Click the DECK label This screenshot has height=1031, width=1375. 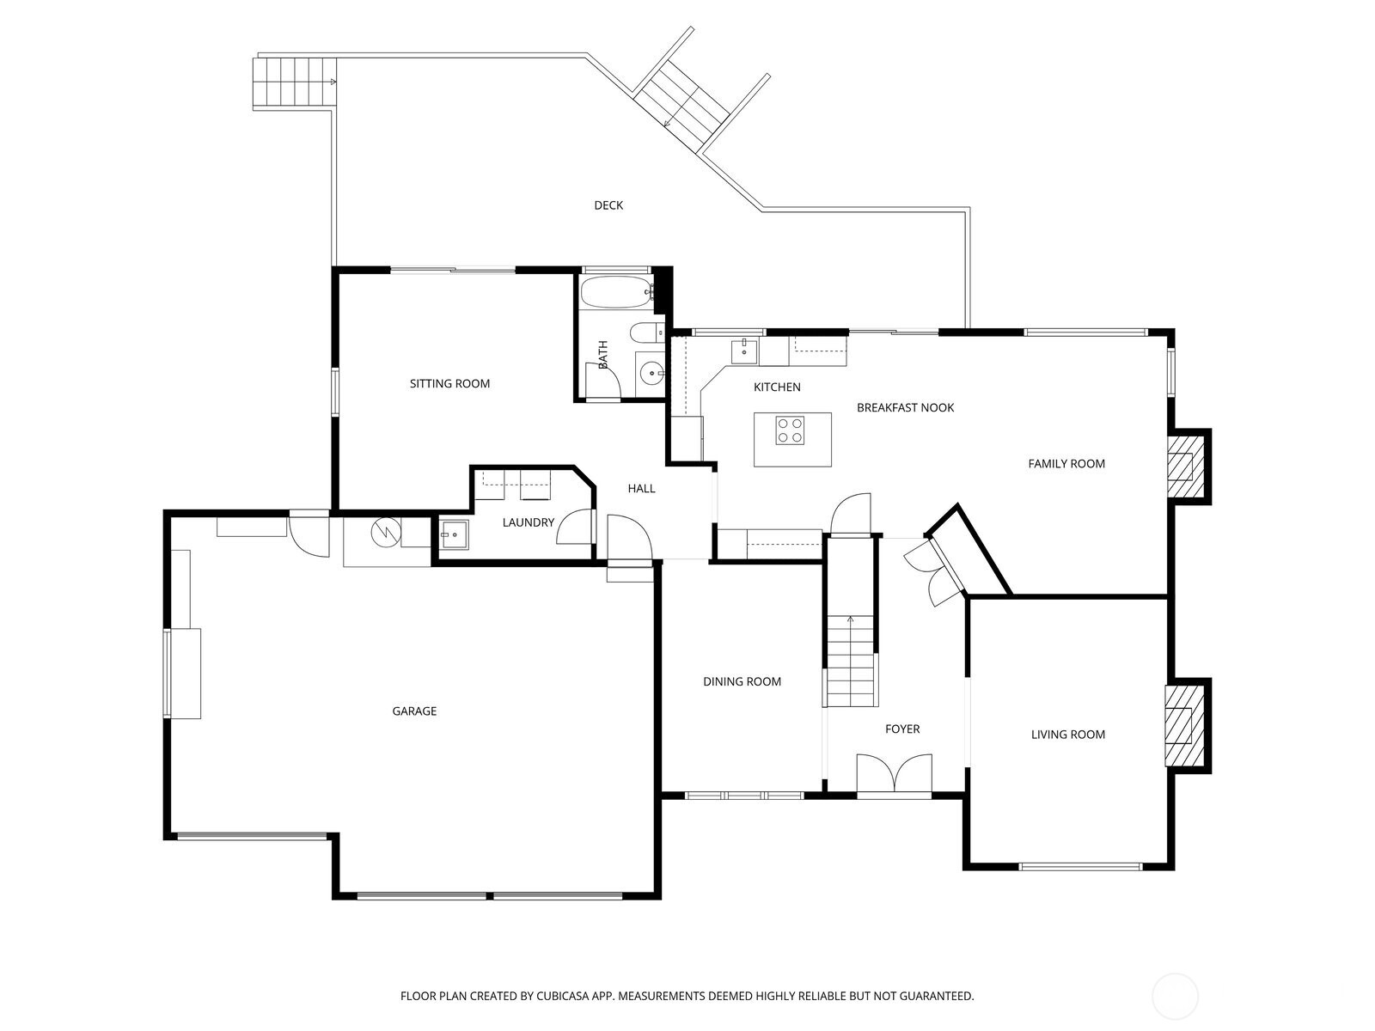click(608, 205)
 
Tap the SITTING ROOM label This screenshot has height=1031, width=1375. click(449, 384)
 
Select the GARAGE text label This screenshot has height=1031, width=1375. click(414, 711)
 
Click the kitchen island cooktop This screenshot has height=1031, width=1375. click(791, 430)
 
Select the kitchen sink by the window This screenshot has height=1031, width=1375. click(743, 351)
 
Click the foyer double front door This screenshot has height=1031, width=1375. click(894, 774)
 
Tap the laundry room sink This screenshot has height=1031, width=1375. click(453, 535)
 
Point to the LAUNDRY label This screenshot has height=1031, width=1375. click(528, 522)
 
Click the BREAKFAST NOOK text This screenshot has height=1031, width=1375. click(905, 408)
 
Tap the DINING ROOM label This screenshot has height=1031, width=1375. click(742, 682)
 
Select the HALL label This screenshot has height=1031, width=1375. click(641, 489)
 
